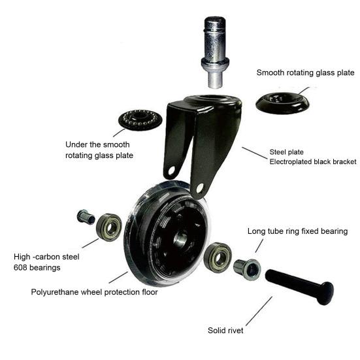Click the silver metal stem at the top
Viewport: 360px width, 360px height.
(215, 52)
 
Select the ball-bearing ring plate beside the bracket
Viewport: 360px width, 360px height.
(140, 120)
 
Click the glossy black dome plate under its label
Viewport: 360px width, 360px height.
(282, 103)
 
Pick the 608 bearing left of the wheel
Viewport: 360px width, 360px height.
(109, 227)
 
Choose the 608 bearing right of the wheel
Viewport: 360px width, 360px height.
(218, 257)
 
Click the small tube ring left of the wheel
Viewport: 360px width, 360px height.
(86, 217)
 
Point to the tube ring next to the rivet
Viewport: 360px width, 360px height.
(247, 269)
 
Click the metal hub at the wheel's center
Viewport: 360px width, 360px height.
(180, 240)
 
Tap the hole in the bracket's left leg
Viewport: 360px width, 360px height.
(171, 171)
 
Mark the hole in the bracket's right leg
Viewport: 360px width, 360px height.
(199, 188)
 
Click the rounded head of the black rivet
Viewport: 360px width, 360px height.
(326, 293)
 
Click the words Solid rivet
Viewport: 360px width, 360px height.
(225, 331)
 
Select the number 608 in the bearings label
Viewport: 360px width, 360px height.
(20, 268)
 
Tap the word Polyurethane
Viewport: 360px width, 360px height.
(55, 292)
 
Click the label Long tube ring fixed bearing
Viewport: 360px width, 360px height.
(297, 231)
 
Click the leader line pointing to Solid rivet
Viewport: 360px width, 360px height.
(259, 311)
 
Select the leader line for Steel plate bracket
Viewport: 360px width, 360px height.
(255, 153)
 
